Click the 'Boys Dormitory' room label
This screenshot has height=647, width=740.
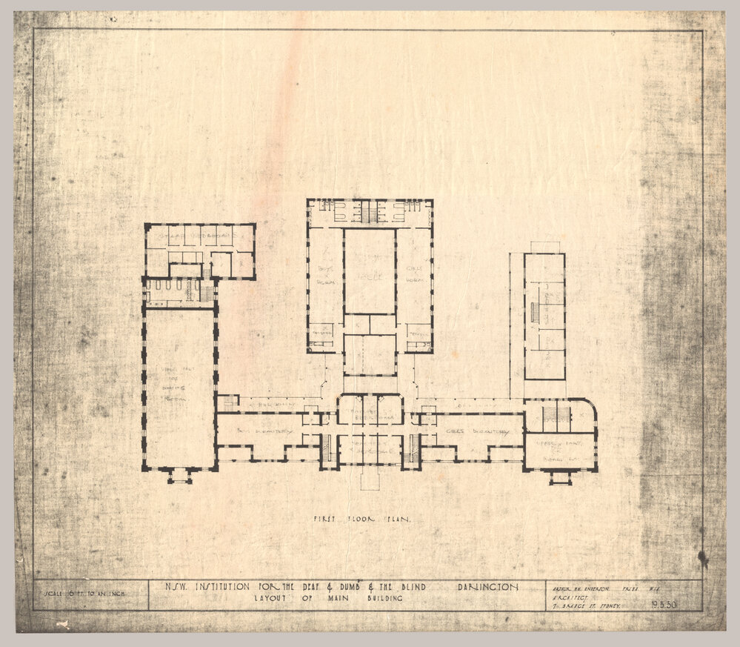pos(256,431)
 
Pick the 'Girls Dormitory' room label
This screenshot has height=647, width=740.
pos(475,431)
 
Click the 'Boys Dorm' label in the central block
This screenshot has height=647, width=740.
pos(324,270)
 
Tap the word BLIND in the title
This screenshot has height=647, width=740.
pos(428,586)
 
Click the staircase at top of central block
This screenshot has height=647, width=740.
pos(368,213)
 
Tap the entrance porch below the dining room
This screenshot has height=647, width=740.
pos(180,476)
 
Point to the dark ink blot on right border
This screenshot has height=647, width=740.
pos(702,557)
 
